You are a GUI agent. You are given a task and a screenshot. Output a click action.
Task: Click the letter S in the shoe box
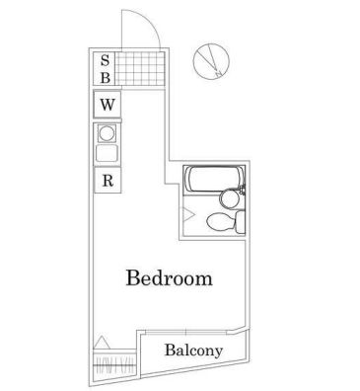(x=106, y=59)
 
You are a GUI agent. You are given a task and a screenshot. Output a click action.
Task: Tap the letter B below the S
(x=106, y=76)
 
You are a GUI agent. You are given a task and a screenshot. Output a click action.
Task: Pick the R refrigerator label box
(x=107, y=181)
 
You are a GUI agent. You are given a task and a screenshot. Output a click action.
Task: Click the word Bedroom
(x=170, y=278)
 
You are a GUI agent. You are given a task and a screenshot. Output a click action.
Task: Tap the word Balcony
(x=192, y=351)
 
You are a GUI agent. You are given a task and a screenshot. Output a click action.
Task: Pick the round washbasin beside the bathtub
(x=229, y=197)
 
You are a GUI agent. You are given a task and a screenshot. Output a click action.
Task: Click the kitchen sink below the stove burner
(x=107, y=154)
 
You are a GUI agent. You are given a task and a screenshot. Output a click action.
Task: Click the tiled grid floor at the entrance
(x=134, y=68)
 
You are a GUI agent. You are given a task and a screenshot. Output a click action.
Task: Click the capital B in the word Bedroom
(x=132, y=278)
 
